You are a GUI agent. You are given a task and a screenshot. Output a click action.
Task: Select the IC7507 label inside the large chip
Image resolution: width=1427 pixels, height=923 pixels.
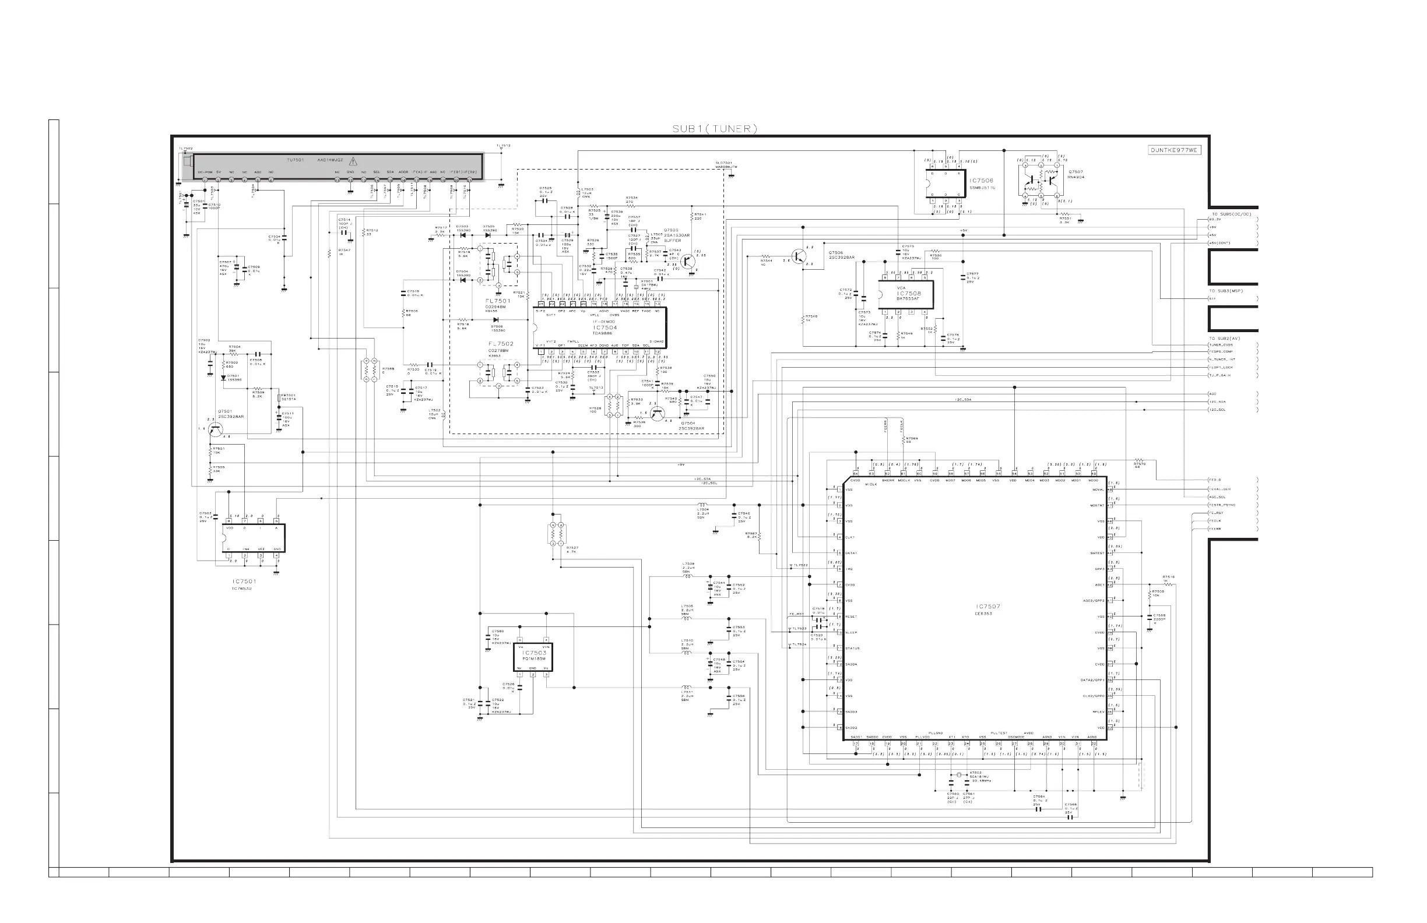point(987,607)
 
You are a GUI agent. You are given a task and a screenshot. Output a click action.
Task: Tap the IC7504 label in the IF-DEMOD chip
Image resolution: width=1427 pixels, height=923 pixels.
point(605,328)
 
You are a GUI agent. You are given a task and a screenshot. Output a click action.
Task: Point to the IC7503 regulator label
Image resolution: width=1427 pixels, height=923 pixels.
point(533,653)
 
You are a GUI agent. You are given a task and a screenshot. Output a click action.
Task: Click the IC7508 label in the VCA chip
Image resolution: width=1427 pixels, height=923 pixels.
point(909,294)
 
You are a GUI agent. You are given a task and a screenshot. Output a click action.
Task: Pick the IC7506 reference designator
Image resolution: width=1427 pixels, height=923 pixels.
point(982,181)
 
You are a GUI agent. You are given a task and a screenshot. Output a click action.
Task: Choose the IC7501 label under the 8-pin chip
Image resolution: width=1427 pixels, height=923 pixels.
point(244,581)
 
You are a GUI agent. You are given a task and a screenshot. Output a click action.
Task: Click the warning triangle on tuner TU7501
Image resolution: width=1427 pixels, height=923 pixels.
point(353,161)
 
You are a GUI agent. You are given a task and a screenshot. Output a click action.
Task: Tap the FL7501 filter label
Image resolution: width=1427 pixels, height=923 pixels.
point(498,301)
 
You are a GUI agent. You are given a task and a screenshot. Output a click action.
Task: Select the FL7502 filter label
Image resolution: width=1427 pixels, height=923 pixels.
point(501,344)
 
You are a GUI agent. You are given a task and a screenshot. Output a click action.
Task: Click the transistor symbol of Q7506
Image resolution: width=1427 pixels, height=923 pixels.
point(798,256)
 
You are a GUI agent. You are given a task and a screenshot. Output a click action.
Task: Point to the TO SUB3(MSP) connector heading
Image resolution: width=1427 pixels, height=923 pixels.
point(1225,291)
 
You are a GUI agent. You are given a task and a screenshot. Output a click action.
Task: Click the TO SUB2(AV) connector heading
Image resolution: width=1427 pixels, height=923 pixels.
point(1224,339)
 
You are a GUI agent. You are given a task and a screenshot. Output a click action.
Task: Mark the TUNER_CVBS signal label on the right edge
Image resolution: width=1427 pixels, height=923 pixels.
point(1221,345)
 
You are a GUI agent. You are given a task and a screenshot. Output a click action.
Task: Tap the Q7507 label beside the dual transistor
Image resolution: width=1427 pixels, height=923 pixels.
point(1075,172)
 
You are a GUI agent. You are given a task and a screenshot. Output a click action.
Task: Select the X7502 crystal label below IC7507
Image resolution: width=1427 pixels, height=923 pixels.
point(975,773)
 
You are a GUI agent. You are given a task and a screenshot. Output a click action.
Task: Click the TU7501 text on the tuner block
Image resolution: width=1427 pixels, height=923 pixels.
point(295,161)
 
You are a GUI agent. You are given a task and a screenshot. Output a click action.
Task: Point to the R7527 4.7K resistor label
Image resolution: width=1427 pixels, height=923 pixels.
point(572,547)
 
